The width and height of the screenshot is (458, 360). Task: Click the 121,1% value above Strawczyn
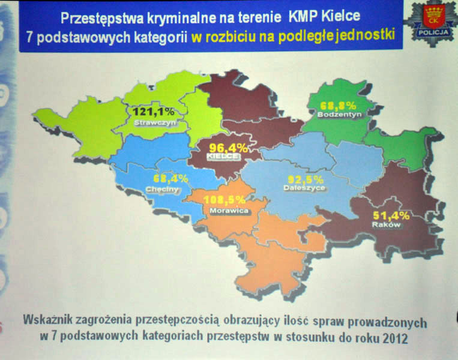click(x=153, y=111)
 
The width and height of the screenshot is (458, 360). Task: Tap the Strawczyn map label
click(x=155, y=122)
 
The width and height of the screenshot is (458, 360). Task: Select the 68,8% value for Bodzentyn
click(x=338, y=105)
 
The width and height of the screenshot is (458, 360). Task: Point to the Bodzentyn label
click(x=340, y=114)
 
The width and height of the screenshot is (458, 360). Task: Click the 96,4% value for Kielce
click(x=229, y=148)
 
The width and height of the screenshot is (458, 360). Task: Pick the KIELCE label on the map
click(x=223, y=157)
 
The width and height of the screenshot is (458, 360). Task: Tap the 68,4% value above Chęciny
click(x=170, y=178)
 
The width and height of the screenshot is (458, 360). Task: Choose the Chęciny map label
click(x=162, y=189)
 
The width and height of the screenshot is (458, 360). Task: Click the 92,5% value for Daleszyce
click(x=306, y=179)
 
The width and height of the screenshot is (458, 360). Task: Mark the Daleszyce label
click(x=304, y=188)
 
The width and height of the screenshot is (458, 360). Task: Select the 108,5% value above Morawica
click(x=224, y=200)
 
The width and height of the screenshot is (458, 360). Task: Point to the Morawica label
click(x=229, y=211)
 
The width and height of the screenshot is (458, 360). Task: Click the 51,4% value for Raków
click(x=391, y=216)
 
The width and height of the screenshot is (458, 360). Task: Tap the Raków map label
click(x=386, y=224)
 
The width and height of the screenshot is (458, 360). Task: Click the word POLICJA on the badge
click(x=433, y=32)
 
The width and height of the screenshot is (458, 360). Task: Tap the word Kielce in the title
click(x=340, y=16)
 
